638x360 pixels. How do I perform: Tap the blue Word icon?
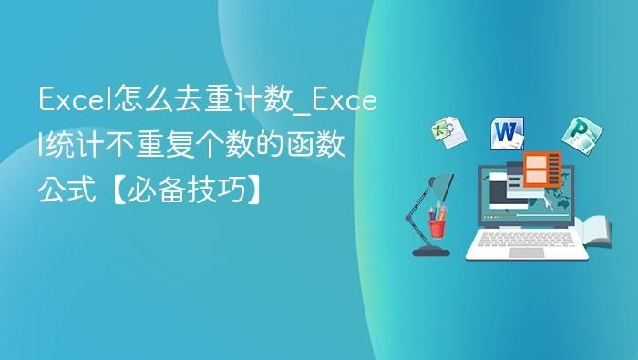pyautogui.click(x=507, y=133)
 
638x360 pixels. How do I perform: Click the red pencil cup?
pyautogui.click(x=437, y=224)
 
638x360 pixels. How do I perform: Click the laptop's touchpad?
pyautogui.click(x=527, y=252)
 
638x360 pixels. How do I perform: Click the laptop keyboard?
pyautogui.click(x=526, y=241)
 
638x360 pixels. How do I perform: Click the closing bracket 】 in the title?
pyautogui.click(x=260, y=190)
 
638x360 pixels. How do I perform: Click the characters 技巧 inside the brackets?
pyautogui.click(x=221, y=190)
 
